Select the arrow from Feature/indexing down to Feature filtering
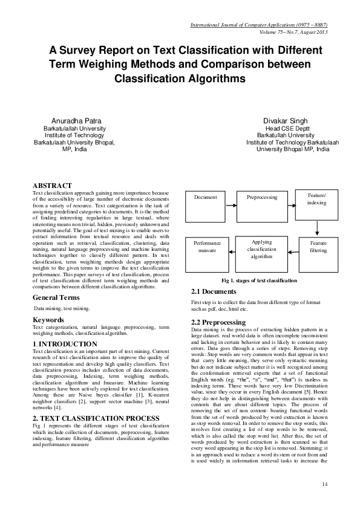pos(318,229)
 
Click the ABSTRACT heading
pos(52,186)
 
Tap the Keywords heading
pos(48,319)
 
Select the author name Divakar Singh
pos(284,121)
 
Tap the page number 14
pos(325,484)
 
